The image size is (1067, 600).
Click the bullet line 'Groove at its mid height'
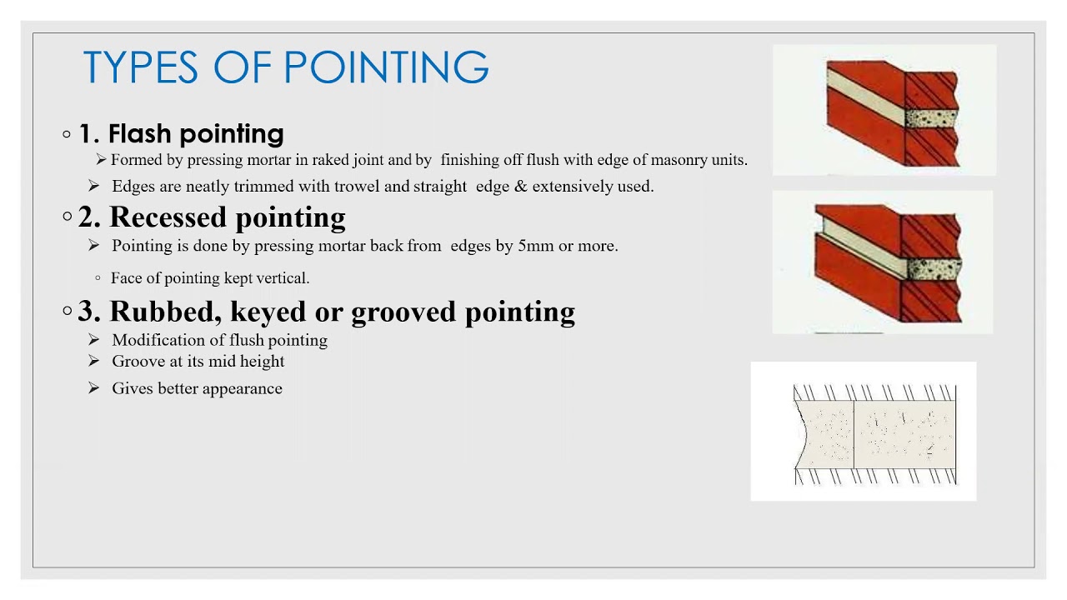[198, 362]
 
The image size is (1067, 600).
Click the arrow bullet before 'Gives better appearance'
[94, 388]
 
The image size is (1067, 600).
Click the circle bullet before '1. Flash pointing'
[67, 133]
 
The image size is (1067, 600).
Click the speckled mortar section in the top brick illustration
[930, 117]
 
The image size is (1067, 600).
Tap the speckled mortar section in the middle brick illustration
[933, 268]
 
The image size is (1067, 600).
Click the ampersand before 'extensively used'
[521, 187]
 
